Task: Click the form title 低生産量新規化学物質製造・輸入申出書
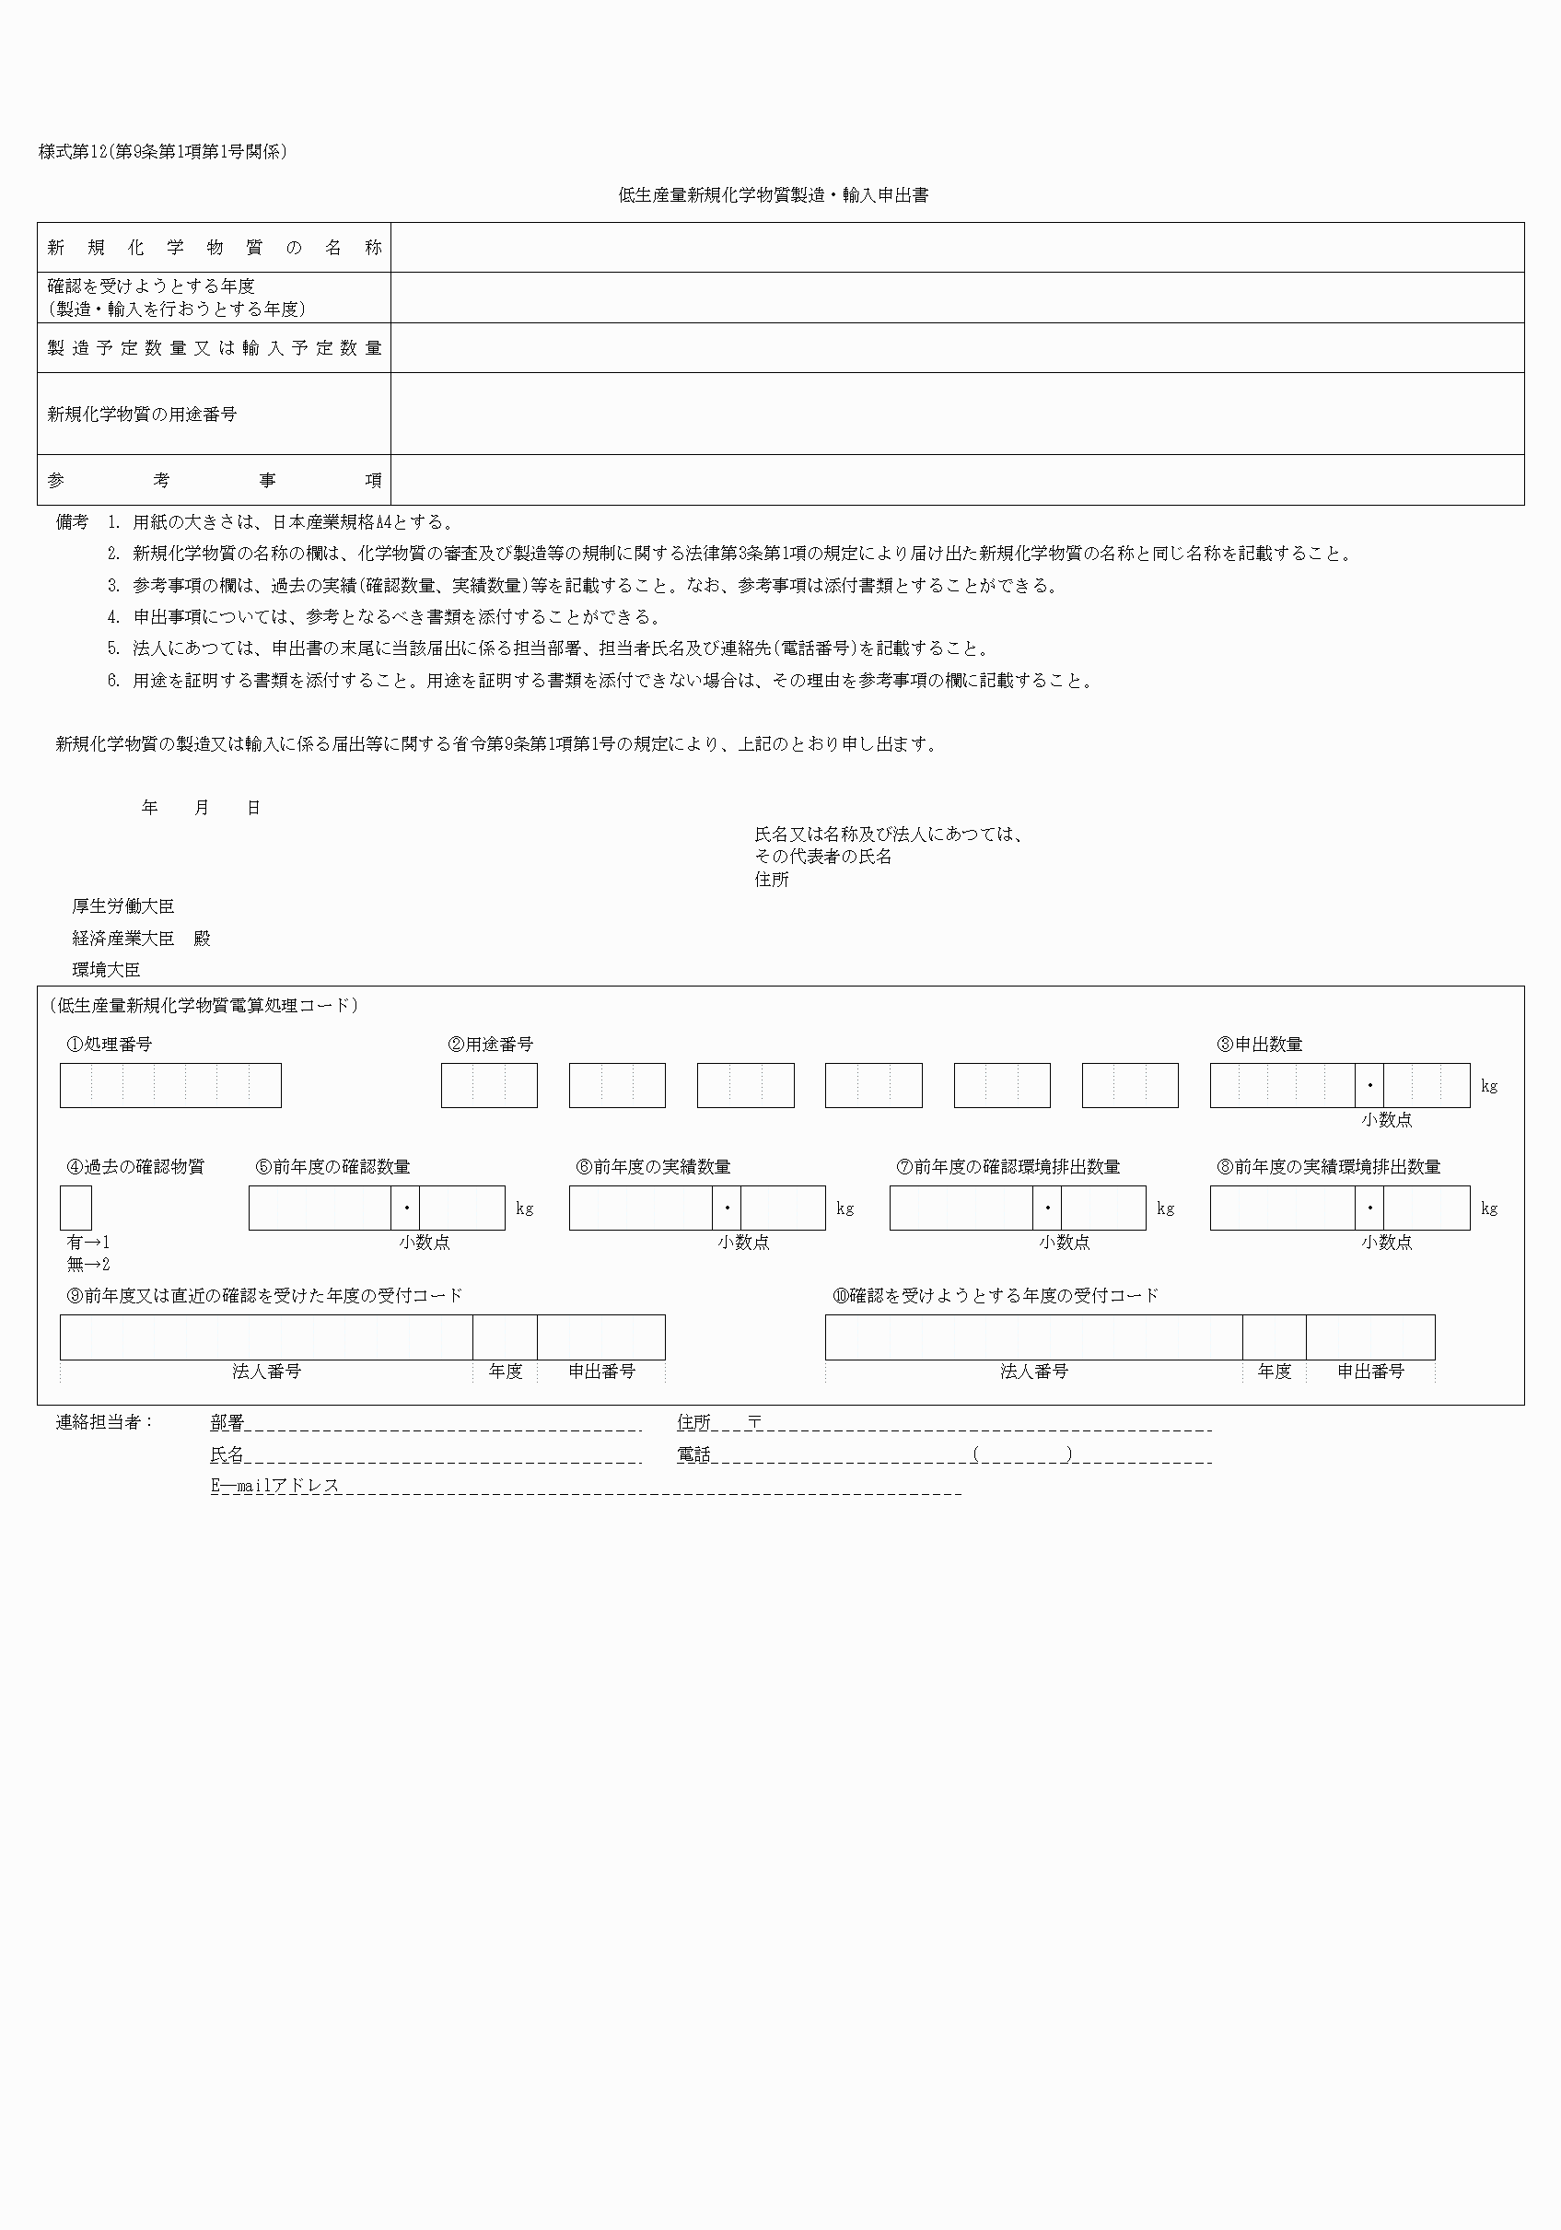tap(774, 195)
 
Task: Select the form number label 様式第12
tap(73, 151)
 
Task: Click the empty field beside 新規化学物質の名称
tap(957, 248)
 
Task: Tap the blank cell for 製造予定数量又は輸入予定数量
tap(957, 347)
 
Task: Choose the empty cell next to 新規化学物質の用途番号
tap(957, 414)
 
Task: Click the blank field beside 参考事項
tap(957, 480)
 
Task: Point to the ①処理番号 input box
tap(170, 1086)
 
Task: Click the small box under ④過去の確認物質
tap(76, 1208)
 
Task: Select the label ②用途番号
tap(491, 1045)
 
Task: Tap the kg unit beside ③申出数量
tap(1489, 1086)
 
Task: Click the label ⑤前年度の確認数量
tap(332, 1166)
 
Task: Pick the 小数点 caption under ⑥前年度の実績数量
tap(744, 1243)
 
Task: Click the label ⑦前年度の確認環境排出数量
tap(1008, 1166)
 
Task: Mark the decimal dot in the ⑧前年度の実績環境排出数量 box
tap(1369, 1208)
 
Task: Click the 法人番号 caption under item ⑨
tap(266, 1372)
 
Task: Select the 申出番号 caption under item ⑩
tap(1370, 1372)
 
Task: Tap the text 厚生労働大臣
tap(123, 906)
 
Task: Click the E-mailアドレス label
tap(274, 1486)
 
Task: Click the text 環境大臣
tap(106, 969)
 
